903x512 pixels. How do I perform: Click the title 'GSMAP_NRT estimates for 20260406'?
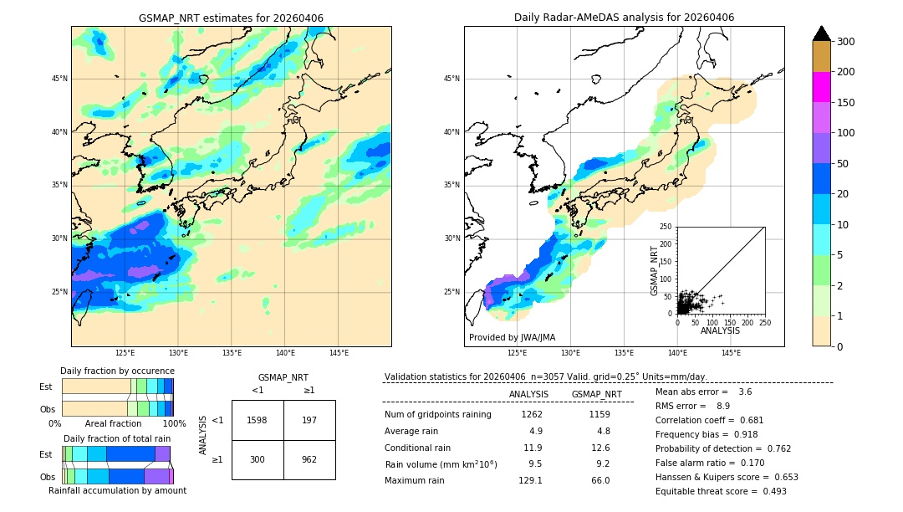click(x=231, y=18)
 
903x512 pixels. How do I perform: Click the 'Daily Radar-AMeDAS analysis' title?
click(x=624, y=18)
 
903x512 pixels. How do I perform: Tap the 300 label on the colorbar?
click(x=845, y=42)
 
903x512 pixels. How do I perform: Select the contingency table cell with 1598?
click(x=258, y=420)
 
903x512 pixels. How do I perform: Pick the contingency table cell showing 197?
click(x=309, y=420)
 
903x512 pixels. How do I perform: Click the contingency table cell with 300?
click(x=258, y=459)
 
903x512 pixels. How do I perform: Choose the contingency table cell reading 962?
click(x=309, y=459)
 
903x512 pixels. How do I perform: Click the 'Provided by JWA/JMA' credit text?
click(x=512, y=337)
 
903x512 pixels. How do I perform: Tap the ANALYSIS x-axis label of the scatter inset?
click(x=720, y=330)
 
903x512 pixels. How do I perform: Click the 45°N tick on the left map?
click(x=59, y=79)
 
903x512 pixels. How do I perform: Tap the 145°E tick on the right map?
click(x=731, y=353)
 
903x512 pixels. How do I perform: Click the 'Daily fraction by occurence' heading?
click(x=117, y=371)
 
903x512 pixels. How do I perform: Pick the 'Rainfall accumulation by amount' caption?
click(x=117, y=490)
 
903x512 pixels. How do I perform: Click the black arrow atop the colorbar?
click(x=821, y=33)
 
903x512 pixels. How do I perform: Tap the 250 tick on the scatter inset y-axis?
click(x=666, y=227)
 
